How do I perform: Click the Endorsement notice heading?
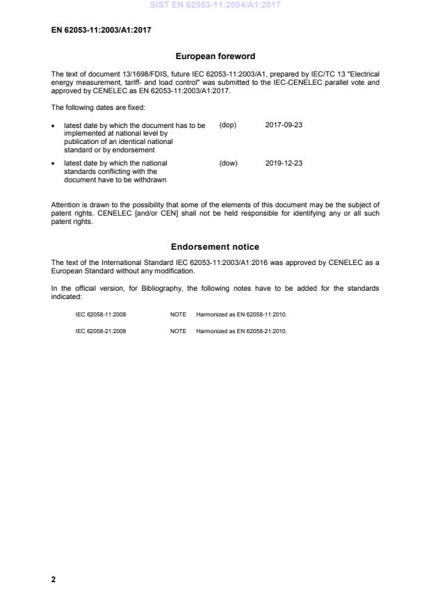[215, 247]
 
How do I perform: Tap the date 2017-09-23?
[284, 125]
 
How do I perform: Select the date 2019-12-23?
[284, 163]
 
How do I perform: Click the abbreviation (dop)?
[228, 125]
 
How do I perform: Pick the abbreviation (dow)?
[228, 163]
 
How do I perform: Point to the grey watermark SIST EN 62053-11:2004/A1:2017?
[215, 6]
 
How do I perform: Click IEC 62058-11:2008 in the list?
[101, 314]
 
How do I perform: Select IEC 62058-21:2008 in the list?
[101, 331]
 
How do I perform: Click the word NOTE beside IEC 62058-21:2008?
[178, 331]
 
